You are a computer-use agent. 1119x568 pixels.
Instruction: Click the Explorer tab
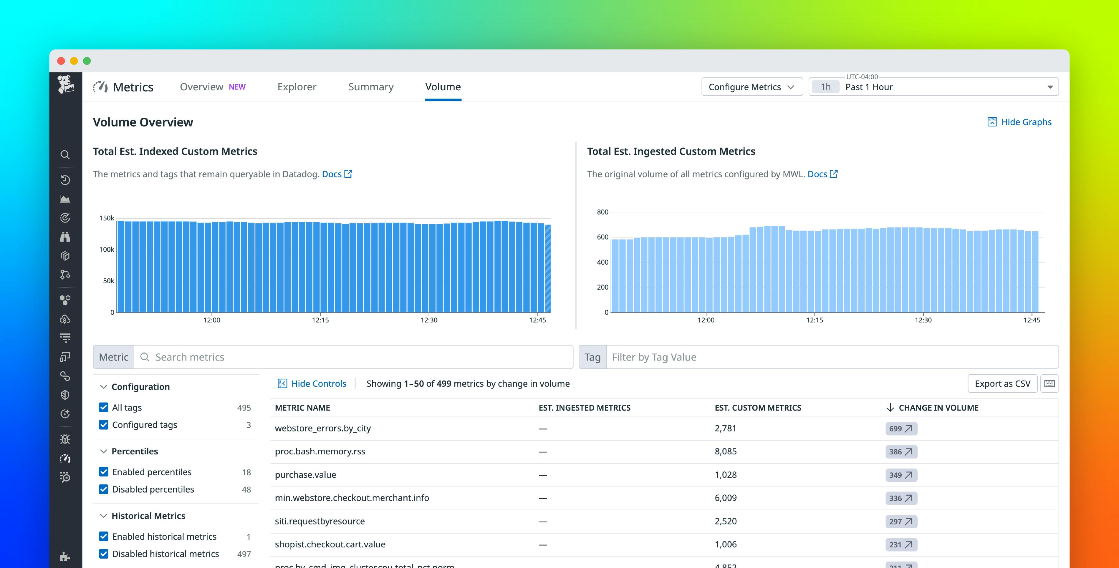[297, 87]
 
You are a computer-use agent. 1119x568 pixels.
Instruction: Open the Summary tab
[370, 87]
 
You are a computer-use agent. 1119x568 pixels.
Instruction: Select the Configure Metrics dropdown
[751, 87]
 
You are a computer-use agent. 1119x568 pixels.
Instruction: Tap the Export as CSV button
[1002, 383]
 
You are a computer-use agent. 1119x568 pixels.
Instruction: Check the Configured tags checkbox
[103, 425]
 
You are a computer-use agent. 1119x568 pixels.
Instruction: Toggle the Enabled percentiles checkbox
[103, 472]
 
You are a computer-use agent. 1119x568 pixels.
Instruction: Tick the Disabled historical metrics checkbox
[103, 554]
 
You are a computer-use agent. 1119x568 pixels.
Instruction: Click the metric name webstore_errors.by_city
[323, 428]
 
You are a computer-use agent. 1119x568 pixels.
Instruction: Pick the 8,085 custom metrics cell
[726, 451]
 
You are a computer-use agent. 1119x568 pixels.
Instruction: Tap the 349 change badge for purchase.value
[901, 475]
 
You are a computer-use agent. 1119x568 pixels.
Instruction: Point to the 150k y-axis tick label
[106, 218]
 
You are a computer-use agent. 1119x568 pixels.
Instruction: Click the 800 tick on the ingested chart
[602, 212]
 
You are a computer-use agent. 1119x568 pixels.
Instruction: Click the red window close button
[61, 61]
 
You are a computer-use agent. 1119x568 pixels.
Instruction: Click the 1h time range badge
[825, 87]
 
